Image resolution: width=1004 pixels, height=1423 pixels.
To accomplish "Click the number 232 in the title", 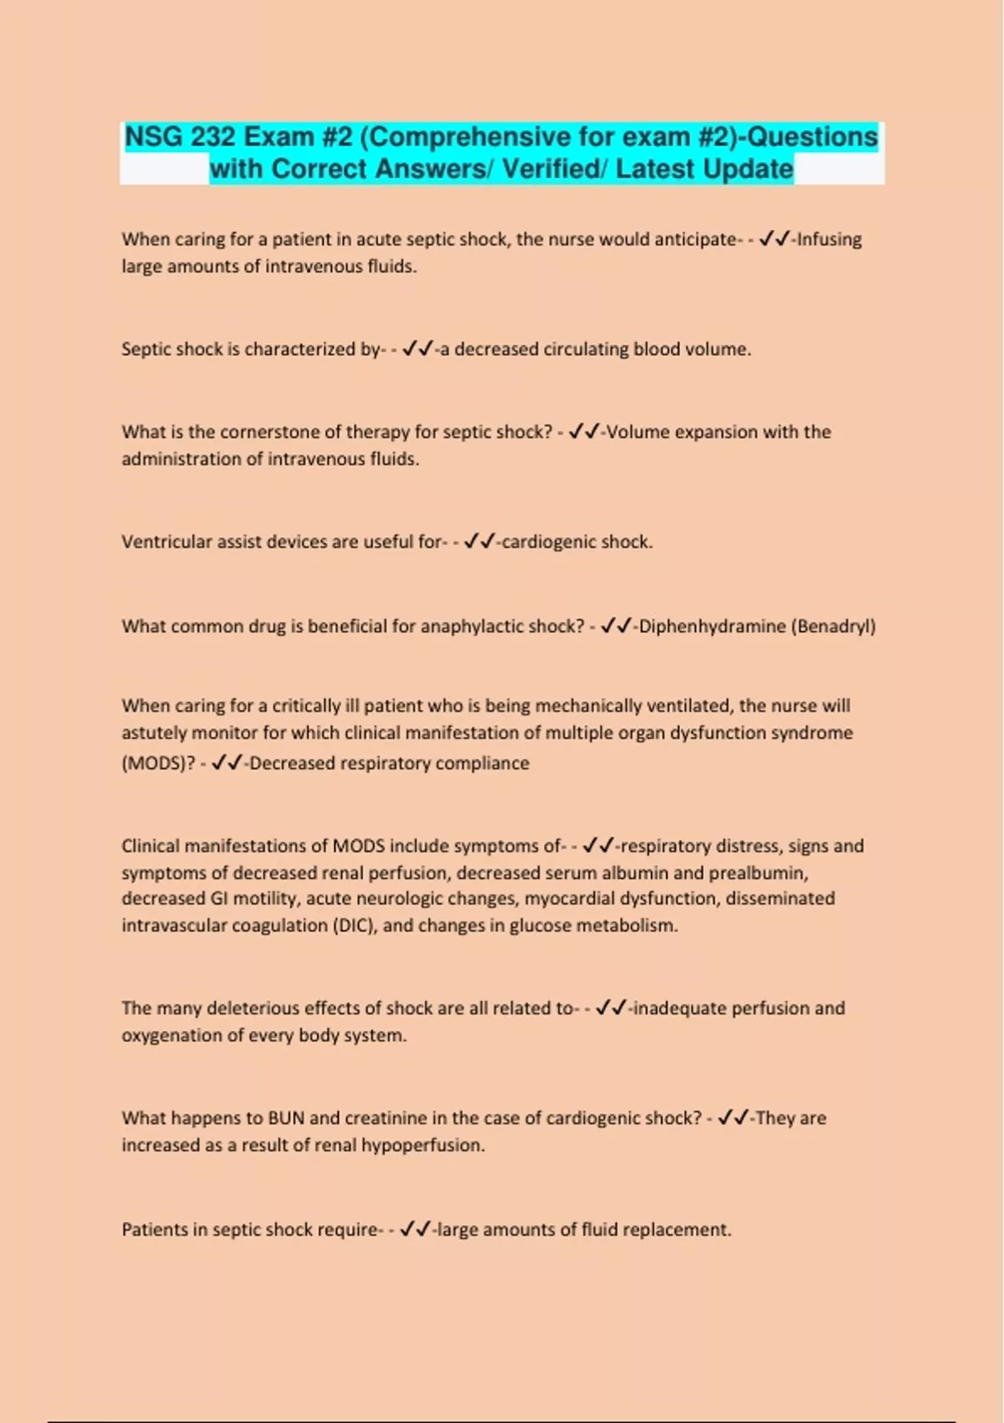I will (213, 136).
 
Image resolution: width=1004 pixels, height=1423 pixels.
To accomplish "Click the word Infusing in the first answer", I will (829, 239).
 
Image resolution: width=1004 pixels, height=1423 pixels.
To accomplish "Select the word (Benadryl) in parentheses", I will (833, 626).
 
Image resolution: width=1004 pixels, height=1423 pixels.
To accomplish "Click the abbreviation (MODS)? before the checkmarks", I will (158, 763).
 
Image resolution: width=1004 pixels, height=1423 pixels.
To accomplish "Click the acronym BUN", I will (286, 1118).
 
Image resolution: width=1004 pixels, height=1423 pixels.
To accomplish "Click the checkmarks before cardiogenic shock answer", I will (479, 542).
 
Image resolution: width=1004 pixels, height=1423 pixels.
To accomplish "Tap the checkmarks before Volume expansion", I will (584, 432).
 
